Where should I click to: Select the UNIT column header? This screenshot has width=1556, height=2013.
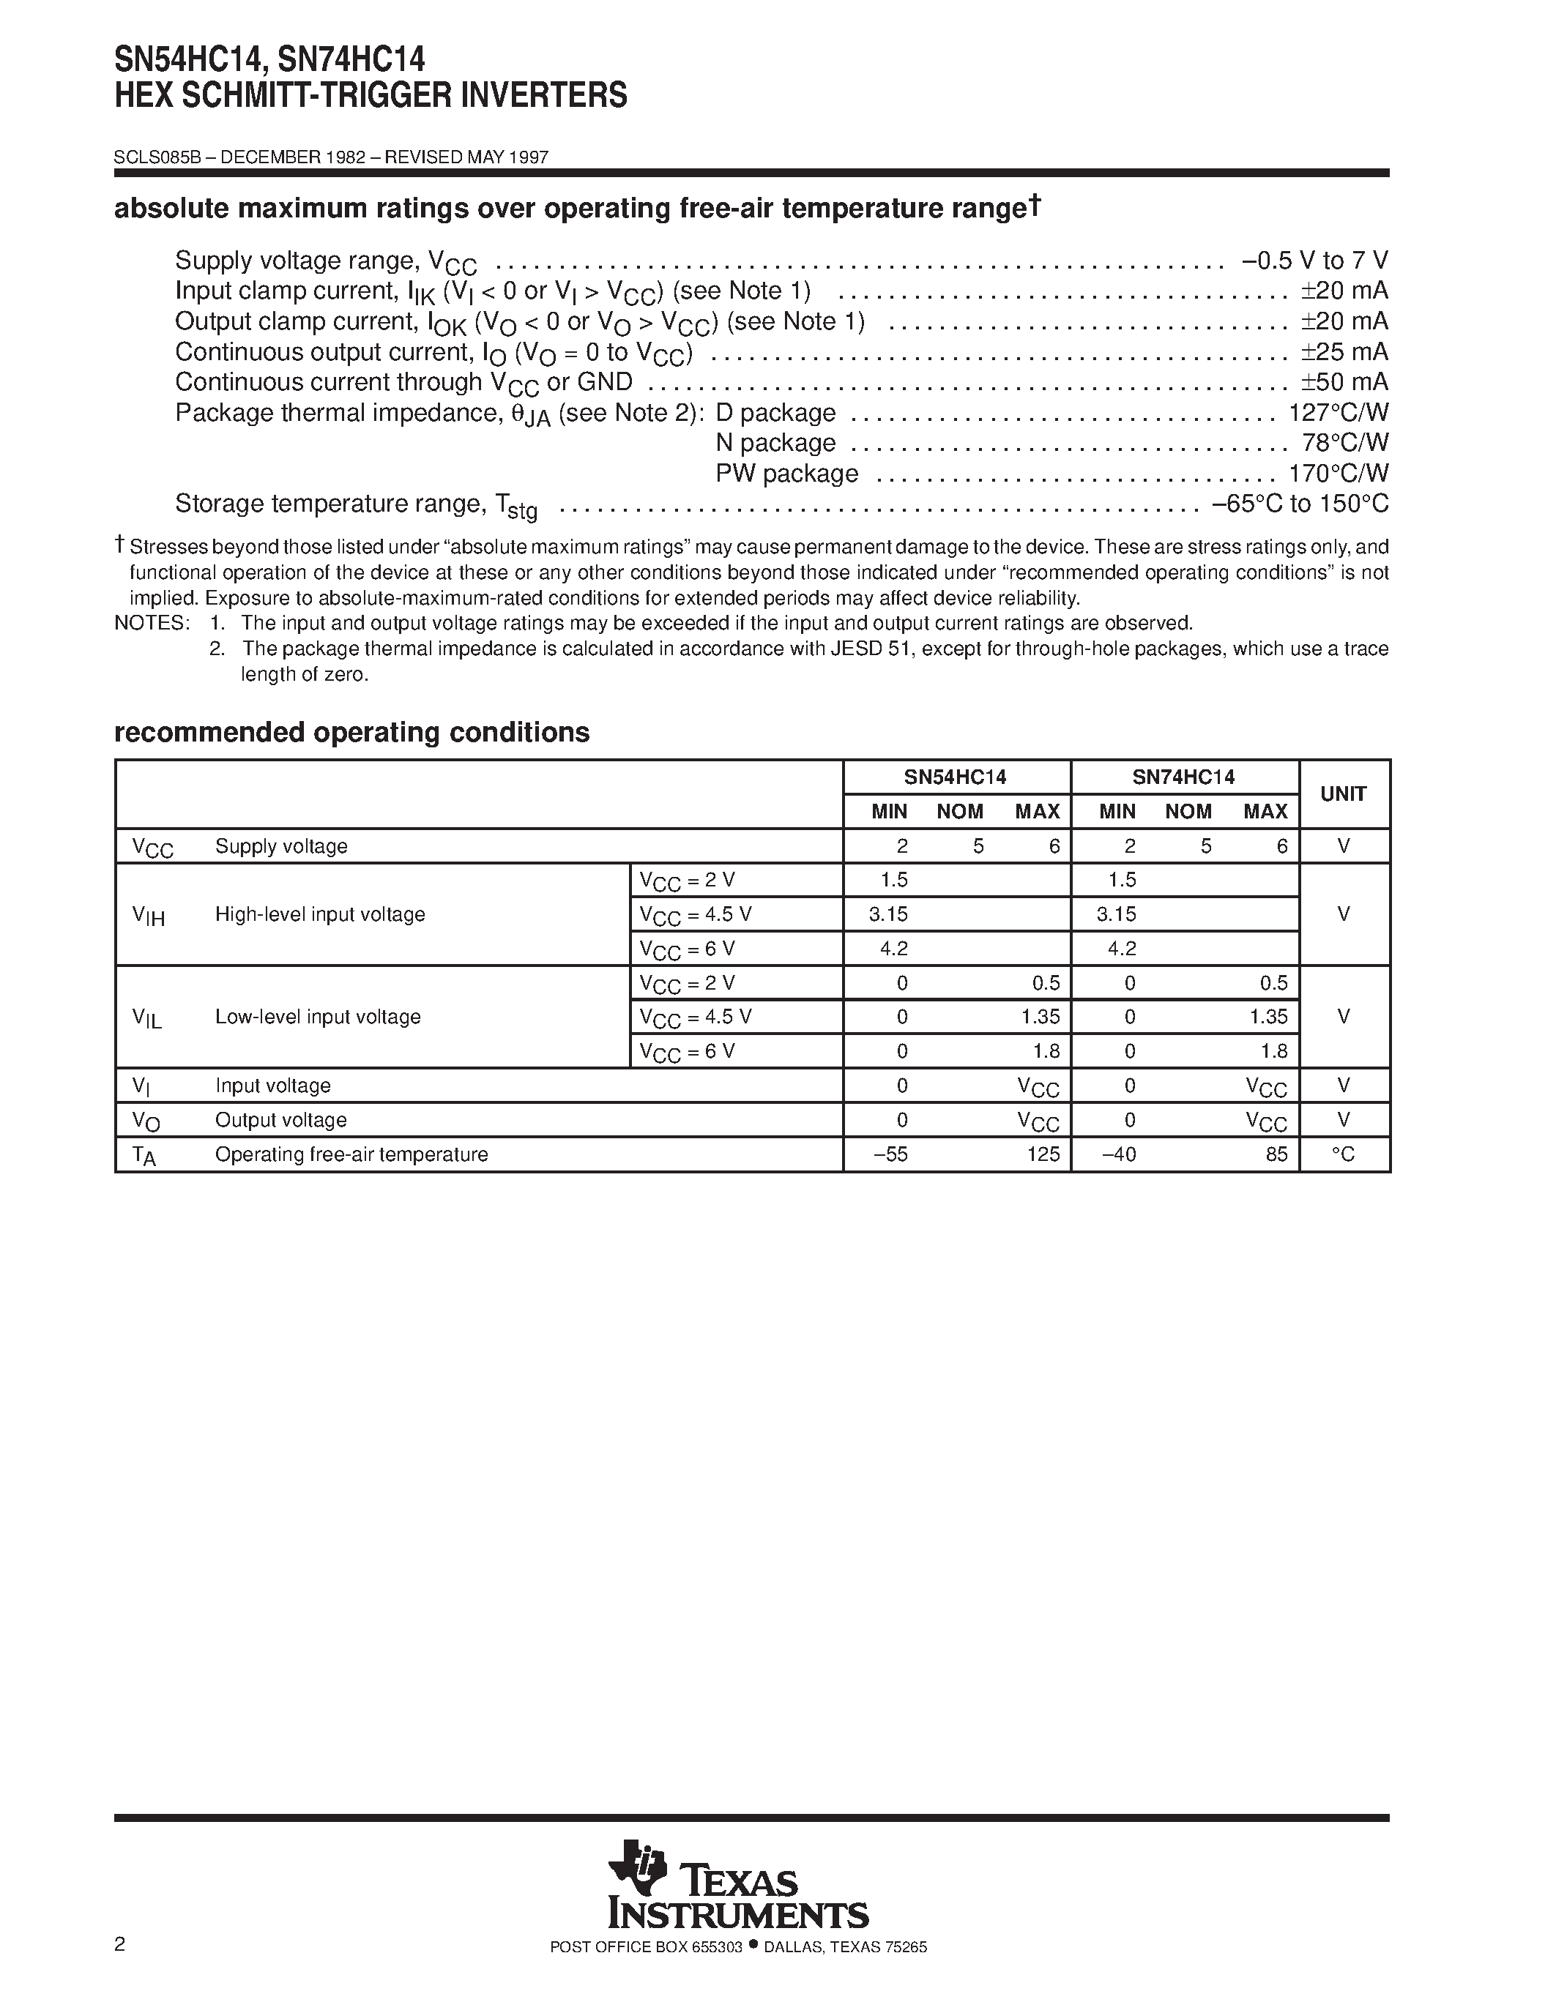coord(1343,793)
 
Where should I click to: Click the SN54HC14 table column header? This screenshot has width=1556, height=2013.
coord(955,777)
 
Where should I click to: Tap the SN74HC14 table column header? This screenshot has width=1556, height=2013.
coord(1183,777)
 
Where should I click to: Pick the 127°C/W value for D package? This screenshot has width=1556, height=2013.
coord(1339,413)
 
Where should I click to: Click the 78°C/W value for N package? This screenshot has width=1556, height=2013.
coord(1346,444)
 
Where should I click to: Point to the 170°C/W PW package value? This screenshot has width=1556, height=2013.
coord(1339,474)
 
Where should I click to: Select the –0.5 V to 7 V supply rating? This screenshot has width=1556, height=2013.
coord(1315,261)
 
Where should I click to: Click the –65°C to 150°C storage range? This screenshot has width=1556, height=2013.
coord(1300,504)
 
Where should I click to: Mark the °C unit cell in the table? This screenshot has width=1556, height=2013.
coord(1343,1154)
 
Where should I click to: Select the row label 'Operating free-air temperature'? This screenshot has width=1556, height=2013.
coord(351,1154)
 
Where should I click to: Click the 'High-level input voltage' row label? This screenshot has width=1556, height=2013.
coord(320,914)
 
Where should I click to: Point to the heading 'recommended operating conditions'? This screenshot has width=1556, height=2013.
coord(351,732)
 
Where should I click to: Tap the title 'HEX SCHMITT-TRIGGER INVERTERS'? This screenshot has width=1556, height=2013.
coord(371,96)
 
